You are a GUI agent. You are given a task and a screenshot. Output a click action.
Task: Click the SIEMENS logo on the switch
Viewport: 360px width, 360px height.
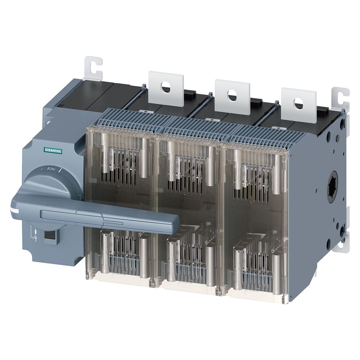[53, 151]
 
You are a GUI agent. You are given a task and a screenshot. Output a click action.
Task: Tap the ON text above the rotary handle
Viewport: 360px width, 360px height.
[52, 168]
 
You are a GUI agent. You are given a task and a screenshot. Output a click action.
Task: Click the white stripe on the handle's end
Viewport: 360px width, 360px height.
[14, 210]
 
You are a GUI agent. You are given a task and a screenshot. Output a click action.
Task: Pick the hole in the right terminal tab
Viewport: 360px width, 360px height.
[298, 103]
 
